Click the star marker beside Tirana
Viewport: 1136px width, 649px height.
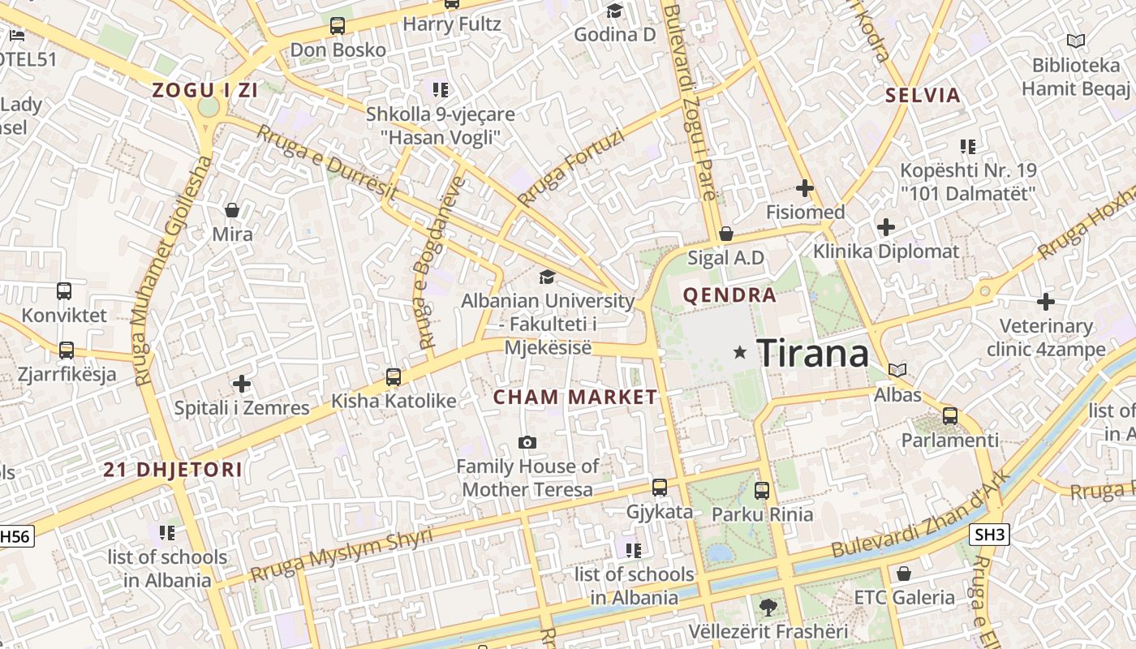[x=739, y=352]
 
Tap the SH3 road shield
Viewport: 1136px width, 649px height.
[x=989, y=535]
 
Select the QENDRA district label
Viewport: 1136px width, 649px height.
[x=729, y=295]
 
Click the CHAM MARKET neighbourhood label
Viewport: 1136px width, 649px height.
[x=575, y=398]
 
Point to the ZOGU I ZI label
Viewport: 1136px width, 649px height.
[x=205, y=90]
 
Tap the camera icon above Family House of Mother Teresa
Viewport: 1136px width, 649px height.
[x=527, y=442]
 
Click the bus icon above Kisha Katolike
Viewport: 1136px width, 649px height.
[x=394, y=376]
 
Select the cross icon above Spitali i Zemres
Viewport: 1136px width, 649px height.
[x=242, y=383]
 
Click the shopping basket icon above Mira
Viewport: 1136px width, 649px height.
[x=232, y=210]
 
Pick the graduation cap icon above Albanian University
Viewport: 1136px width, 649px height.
[x=548, y=277]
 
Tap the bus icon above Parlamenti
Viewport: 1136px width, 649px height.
[x=949, y=416]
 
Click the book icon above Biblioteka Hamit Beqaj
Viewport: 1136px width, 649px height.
[x=1076, y=41]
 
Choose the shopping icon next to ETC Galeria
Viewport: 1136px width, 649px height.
[x=904, y=574]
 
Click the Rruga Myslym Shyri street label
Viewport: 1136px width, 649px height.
[x=341, y=555]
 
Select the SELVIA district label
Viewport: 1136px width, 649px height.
[x=923, y=95]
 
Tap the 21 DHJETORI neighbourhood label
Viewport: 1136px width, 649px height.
[x=173, y=470]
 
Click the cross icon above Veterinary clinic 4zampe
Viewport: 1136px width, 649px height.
[x=1046, y=302]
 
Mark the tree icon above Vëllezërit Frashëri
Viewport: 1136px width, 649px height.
[x=768, y=606]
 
